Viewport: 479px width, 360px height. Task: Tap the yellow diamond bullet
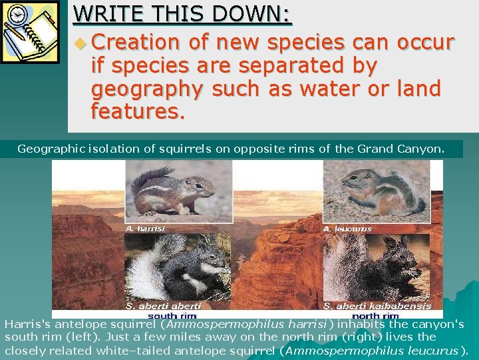pyautogui.click(x=80, y=44)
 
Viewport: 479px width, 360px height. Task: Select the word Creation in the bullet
pyautogui.click(x=136, y=43)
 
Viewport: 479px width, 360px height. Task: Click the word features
pyautogui.click(x=138, y=111)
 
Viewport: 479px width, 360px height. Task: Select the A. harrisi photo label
pyautogui.click(x=145, y=229)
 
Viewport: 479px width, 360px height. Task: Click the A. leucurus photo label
pyautogui.click(x=347, y=229)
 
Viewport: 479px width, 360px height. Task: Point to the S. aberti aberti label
pyautogui.click(x=163, y=306)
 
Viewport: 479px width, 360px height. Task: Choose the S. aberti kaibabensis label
pyautogui.click(x=377, y=306)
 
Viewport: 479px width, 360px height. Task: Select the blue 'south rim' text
pyautogui.click(x=172, y=315)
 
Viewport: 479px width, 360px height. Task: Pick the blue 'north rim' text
pyautogui.click(x=374, y=315)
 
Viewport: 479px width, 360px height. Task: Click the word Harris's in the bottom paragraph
pyautogui.click(x=28, y=325)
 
